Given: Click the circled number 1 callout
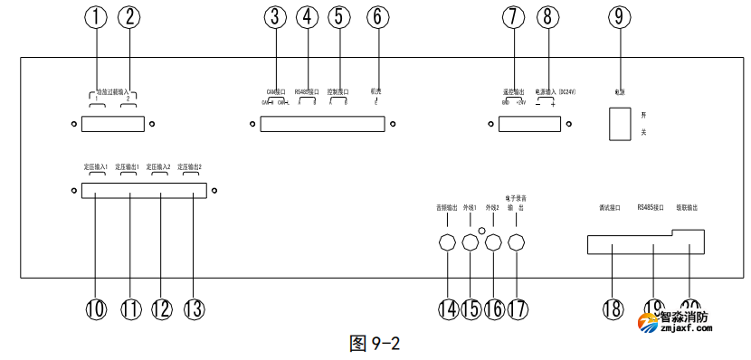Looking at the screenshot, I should click(x=98, y=16).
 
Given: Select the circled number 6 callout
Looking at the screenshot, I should click(x=378, y=16).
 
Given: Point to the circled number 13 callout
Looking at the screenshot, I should click(x=191, y=308).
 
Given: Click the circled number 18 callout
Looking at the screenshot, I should click(x=613, y=308).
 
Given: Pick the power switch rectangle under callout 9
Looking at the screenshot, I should click(x=619, y=123).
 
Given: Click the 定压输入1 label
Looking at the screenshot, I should click(x=96, y=167).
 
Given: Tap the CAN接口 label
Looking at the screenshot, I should click(x=276, y=91).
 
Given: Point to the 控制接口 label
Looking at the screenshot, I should click(x=337, y=91).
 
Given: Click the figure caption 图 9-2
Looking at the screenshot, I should click(x=375, y=344).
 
